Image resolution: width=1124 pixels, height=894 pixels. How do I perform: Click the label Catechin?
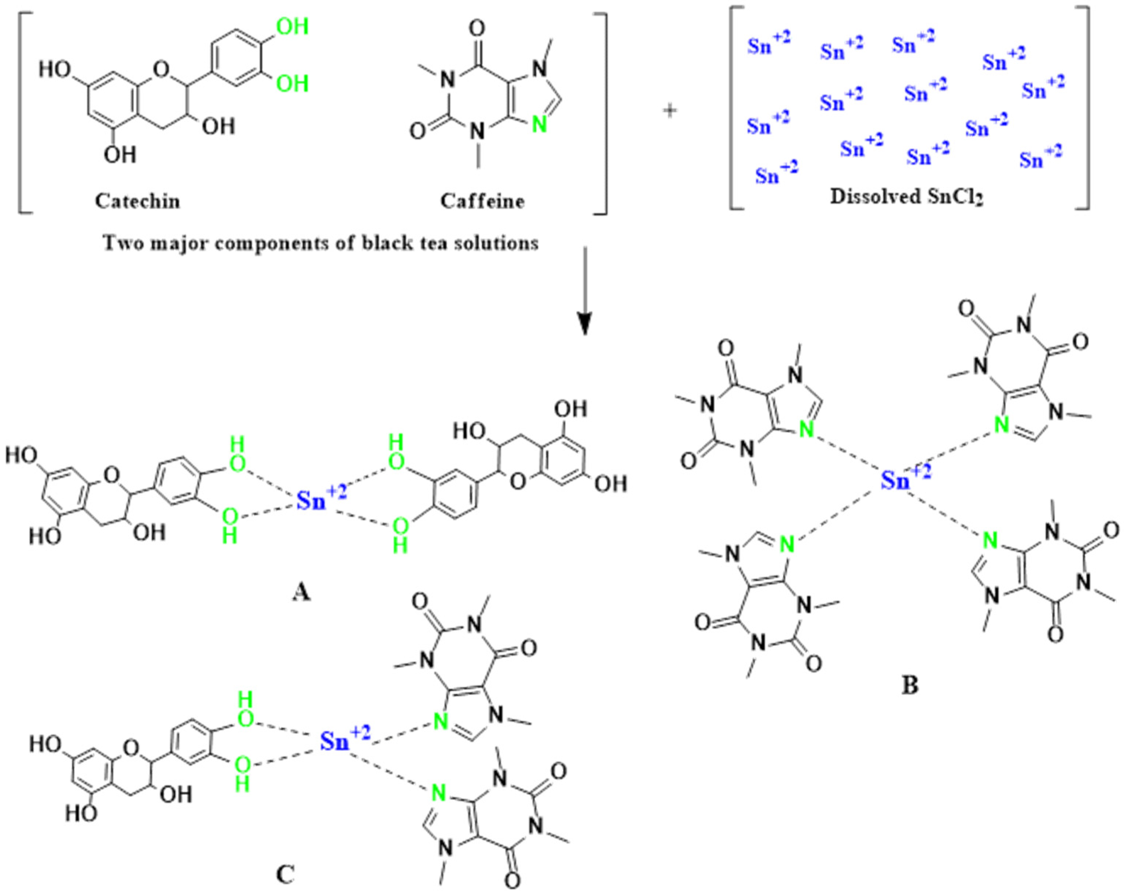coord(137,201)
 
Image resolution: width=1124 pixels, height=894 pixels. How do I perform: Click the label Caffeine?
coord(482,201)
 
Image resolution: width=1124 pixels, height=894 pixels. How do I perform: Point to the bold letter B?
coord(910,686)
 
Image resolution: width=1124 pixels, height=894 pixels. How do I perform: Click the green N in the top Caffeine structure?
coord(540,125)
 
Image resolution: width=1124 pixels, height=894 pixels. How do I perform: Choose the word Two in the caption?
coord(121,243)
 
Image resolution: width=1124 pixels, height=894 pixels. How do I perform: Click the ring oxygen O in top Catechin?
coord(162,68)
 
